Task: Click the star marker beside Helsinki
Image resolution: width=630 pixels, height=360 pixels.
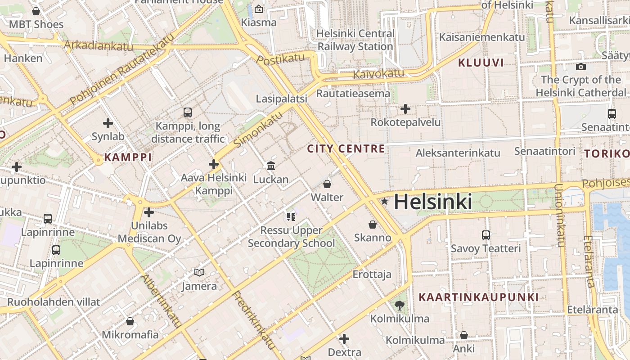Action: pyautogui.click(x=384, y=202)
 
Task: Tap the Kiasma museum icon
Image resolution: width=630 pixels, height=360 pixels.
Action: pyautogui.click(x=259, y=9)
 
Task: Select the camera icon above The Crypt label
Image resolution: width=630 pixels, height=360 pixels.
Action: pyautogui.click(x=581, y=67)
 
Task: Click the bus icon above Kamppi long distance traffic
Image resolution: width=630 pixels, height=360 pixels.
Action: pyautogui.click(x=188, y=112)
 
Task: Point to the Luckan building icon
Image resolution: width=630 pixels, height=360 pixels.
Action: pyautogui.click(x=271, y=166)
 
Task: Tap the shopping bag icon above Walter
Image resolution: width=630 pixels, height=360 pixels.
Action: pyautogui.click(x=327, y=184)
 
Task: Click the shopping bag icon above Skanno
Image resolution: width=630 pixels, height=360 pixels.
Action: pyautogui.click(x=372, y=224)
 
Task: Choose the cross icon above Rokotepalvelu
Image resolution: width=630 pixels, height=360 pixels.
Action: pyautogui.click(x=405, y=108)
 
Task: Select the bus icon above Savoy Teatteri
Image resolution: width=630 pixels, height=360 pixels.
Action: pyautogui.click(x=486, y=235)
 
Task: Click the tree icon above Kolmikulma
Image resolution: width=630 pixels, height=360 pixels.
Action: pyautogui.click(x=399, y=306)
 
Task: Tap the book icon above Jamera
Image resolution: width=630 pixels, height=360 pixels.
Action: pyautogui.click(x=199, y=272)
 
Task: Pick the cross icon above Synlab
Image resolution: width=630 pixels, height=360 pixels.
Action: pyautogui.click(x=108, y=123)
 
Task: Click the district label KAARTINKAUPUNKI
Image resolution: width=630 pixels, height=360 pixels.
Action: pyautogui.click(x=478, y=297)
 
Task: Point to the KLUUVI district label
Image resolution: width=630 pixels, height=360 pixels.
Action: pyautogui.click(x=481, y=63)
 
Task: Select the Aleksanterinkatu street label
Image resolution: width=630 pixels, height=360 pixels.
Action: pyautogui.click(x=458, y=153)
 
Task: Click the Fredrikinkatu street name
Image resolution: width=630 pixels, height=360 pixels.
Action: pyautogui.click(x=254, y=320)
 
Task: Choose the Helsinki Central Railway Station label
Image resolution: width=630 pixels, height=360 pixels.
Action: pyautogui.click(x=355, y=40)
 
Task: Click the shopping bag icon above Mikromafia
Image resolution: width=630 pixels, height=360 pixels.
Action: pyautogui.click(x=130, y=321)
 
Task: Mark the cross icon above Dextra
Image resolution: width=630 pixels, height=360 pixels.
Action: pyautogui.click(x=345, y=338)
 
